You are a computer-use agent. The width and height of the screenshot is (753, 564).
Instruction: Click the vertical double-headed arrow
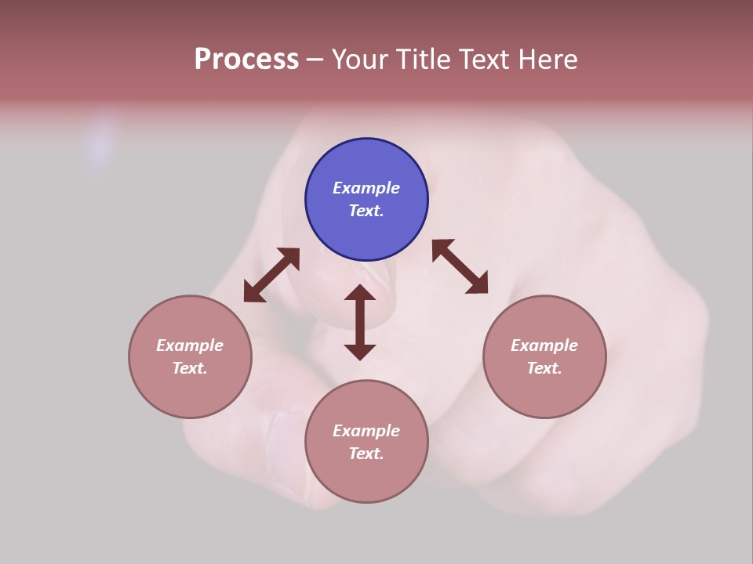click(360, 323)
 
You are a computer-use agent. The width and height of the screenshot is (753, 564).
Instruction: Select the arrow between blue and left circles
click(271, 275)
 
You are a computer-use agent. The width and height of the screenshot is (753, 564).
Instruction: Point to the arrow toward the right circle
click(460, 266)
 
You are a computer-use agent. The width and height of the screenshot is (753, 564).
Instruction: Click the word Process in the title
click(246, 60)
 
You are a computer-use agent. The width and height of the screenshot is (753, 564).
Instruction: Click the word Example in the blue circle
click(366, 188)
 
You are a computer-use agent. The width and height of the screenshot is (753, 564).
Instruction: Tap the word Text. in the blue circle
click(366, 211)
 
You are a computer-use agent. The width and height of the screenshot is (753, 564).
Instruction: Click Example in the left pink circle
click(190, 345)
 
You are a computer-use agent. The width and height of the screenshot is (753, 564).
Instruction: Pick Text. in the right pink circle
click(544, 368)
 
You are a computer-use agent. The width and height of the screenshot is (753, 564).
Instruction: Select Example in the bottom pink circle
click(366, 431)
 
